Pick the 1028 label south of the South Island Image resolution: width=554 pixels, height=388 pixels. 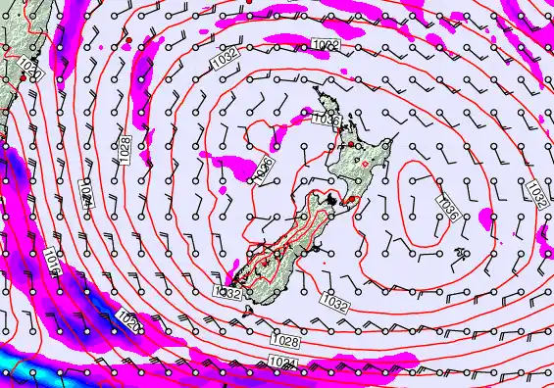pos(288,339)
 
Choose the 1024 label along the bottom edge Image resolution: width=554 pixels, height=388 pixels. pos(281,363)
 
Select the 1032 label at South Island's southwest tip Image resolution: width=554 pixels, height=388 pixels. pos(227,292)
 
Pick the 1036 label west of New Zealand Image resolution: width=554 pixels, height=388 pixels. pos(263,168)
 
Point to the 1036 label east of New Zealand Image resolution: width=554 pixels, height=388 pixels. pos(447,208)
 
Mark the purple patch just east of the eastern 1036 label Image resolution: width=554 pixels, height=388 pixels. pos(486,216)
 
